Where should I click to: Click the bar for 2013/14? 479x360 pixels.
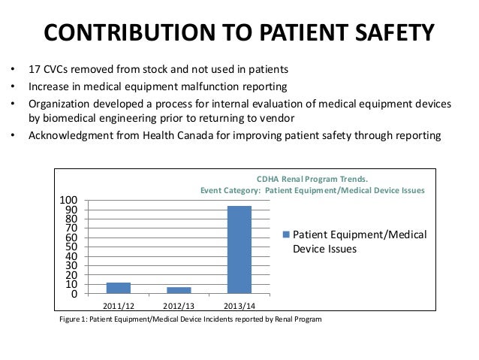coord(239,250)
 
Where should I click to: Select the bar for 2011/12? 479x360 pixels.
coord(119,288)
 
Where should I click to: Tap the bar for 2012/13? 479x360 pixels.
coord(179,291)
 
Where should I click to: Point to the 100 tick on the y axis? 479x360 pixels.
coord(68,201)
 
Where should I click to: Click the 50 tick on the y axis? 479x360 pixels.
coord(71,247)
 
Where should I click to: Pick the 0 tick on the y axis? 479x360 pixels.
coord(74,294)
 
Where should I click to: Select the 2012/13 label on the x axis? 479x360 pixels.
coord(179,306)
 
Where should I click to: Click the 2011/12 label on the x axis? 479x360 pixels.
coord(119,306)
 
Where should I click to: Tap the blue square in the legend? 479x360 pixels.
coord(286,234)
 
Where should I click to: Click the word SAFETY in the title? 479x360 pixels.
coord(394,32)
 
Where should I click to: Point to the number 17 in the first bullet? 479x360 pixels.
coord(35,69)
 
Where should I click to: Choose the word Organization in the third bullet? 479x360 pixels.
coord(59,104)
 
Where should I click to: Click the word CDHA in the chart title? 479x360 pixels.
coord(267,179)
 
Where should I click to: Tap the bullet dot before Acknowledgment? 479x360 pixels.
coord(13,135)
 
